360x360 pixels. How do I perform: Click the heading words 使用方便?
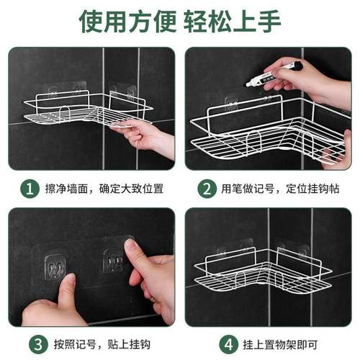(119, 20)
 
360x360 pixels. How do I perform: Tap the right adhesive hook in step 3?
(113, 261)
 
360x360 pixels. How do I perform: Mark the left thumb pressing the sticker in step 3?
(66, 292)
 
